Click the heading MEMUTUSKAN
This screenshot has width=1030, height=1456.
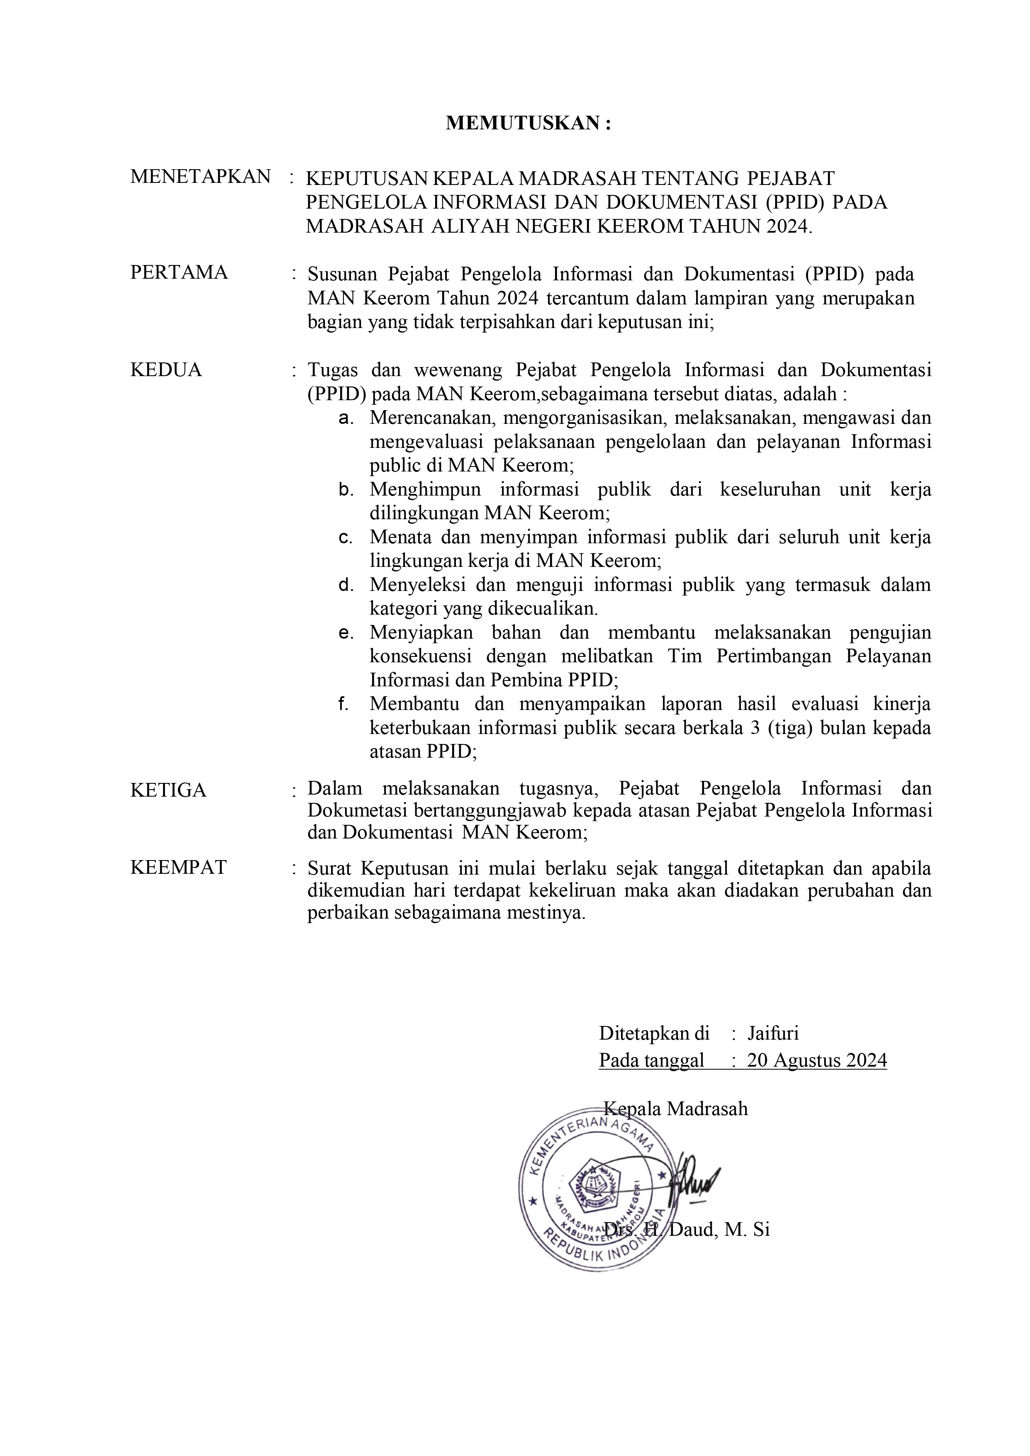click(528, 123)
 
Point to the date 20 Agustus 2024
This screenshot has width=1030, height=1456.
click(817, 1060)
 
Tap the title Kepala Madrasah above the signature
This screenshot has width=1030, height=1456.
click(676, 1108)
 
